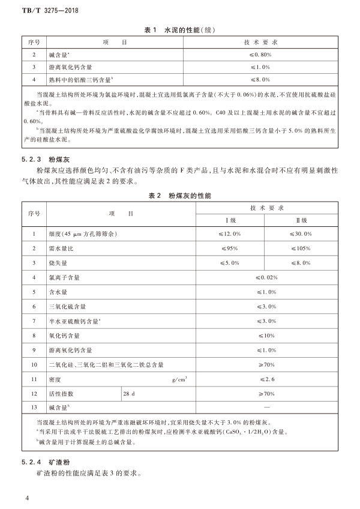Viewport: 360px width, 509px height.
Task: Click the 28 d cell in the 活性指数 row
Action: tap(130, 393)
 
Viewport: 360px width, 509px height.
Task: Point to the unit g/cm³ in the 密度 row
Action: tap(179, 379)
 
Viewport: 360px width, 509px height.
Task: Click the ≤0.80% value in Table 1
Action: tap(260, 55)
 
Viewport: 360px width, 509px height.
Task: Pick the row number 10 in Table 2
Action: tap(34, 364)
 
